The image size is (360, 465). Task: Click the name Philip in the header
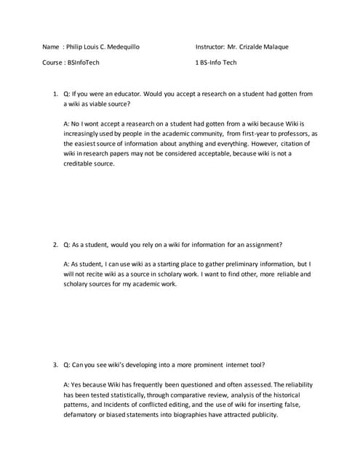pos(74,47)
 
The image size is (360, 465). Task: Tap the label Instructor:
pos(209,47)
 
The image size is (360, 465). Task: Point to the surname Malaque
pos(274,47)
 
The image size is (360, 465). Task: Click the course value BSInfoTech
pos(84,62)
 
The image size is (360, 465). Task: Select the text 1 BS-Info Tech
pos(216,62)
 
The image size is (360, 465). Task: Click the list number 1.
pos(54,94)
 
